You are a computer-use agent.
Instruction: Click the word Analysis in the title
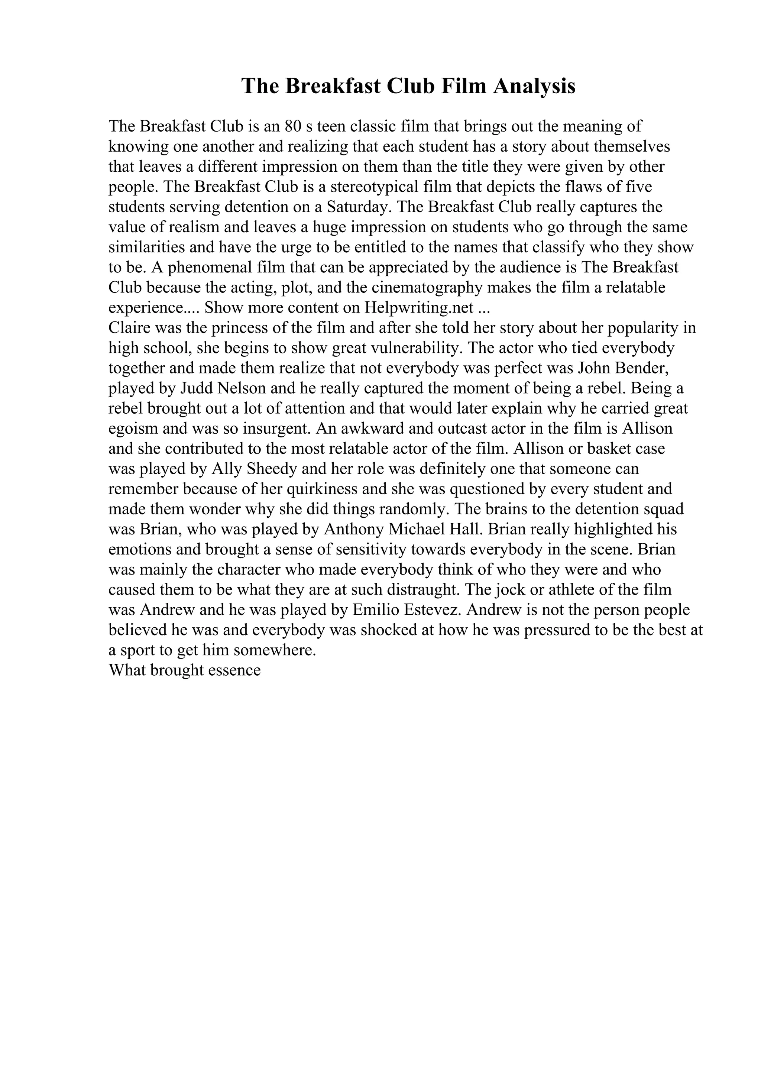click(x=534, y=86)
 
